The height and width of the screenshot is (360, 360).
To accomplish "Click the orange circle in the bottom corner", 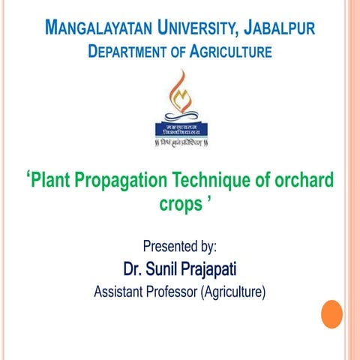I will [331, 313].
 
